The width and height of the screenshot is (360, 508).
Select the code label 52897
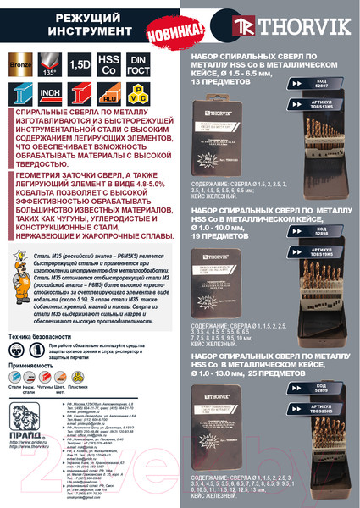pos(323,109)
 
